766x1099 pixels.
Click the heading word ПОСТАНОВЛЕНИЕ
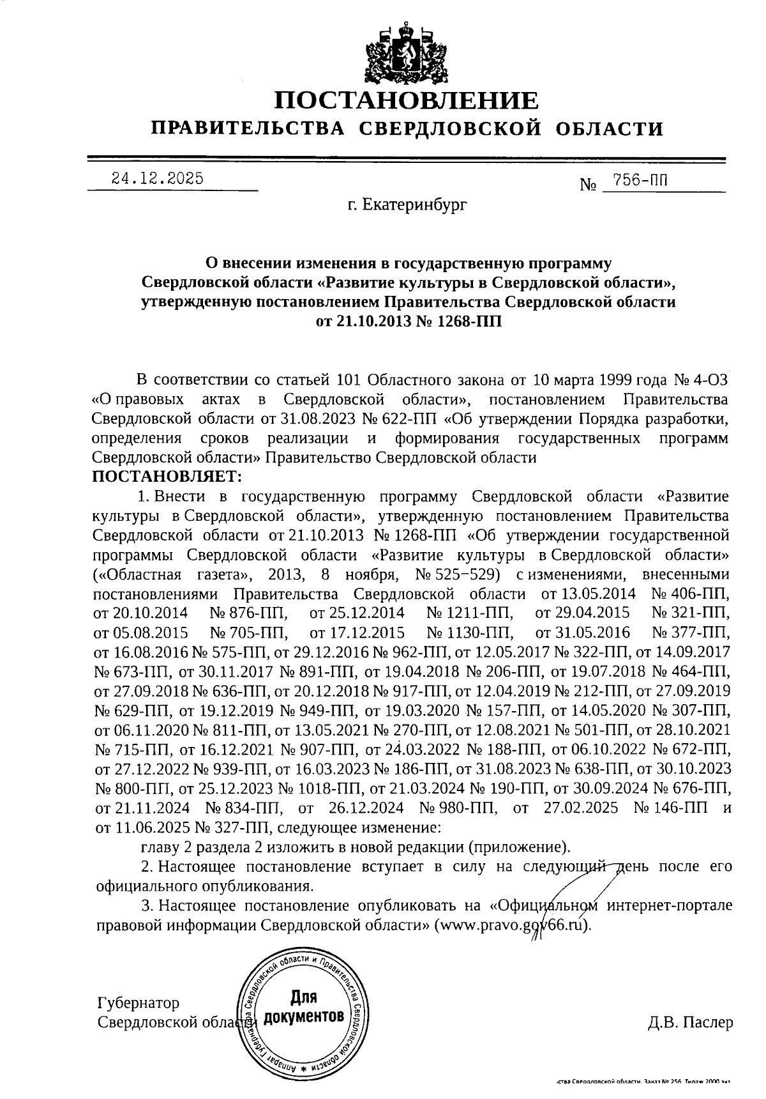tap(407, 100)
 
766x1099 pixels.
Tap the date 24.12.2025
tap(157, 179)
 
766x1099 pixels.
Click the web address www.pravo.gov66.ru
tap(511, 926)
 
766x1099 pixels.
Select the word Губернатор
tap(139, 1002)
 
